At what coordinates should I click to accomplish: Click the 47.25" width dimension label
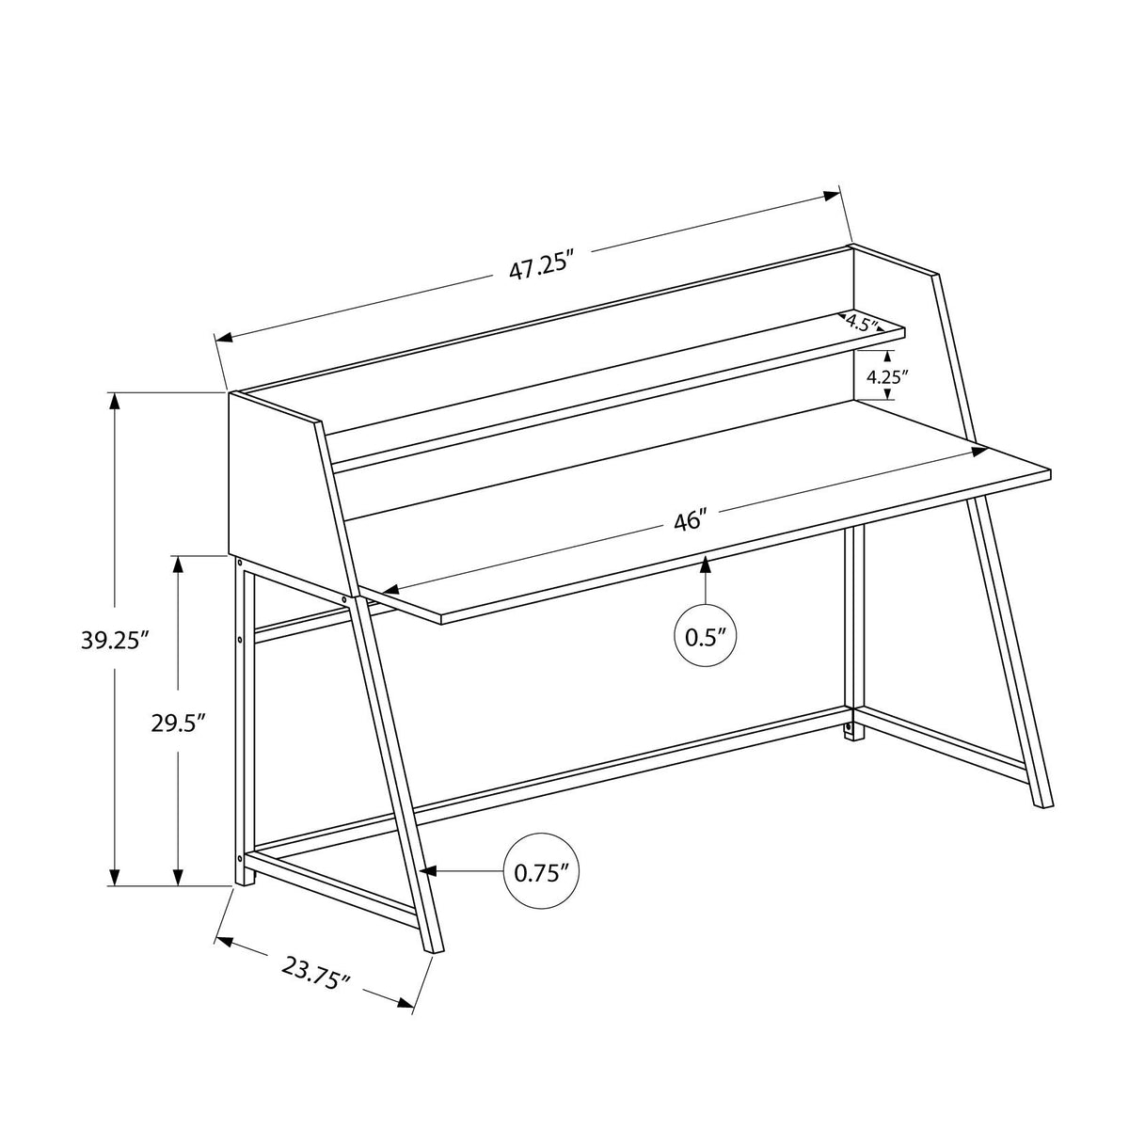[x=540, y=269]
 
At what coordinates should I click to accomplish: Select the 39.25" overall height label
[x=113, y=641]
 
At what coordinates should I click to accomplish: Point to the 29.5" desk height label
[x=178, y=723]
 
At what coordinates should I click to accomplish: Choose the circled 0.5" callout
[x=706, y=636]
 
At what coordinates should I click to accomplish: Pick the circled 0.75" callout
[x=542, y=887]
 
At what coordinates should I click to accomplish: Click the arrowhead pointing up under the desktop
[x=706, y=564]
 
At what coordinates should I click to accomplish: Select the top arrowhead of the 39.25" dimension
[x=115, y=402]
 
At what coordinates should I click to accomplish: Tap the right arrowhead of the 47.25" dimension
[x=832, y=196]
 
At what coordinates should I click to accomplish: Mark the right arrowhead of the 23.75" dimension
[x=405, y=1019]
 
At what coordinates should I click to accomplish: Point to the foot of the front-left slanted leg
[x=434, y=963]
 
